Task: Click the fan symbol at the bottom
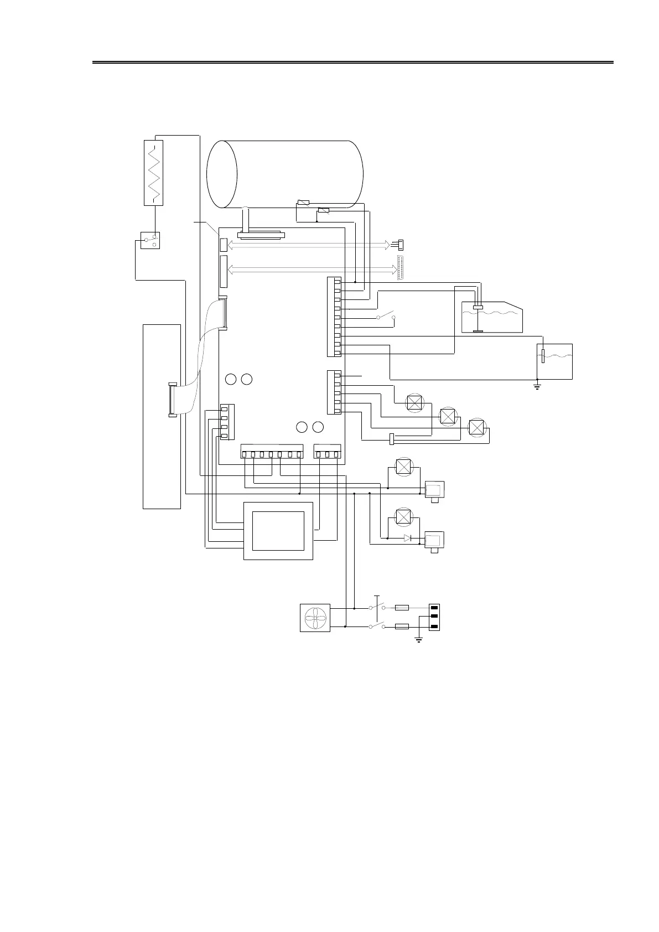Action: pyautogui.click(x=315, y=618)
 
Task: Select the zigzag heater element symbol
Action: pyautogui.click(x=153, y=173)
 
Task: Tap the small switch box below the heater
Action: pyautogui.click(x=150, y=240)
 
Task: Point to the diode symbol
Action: pyautogui.click(x=408, y=538)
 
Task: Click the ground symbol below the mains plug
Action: pyautogui.click(x=419, y=640)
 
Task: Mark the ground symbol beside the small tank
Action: pyautogui.click(x=537, y=386)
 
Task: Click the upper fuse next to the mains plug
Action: pyautogui.click(x=402, y=608)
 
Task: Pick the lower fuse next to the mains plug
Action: pyautogui.click(x=402, y=626)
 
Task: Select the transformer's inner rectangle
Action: pyautogui.click(x=278, y=531)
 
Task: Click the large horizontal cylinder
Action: pyautogui.click(x=285, y=174)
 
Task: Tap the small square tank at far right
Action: pyautogui.click(x=555, y=361)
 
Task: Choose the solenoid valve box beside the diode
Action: pyautogui.click(x=434, y=540)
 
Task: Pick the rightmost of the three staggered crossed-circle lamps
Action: pyautogui.click(x=476, y=427)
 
